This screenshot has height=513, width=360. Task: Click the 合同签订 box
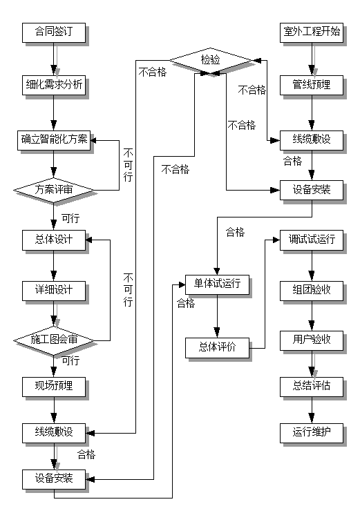(54, 32)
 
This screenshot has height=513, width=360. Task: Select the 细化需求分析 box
(54, 85)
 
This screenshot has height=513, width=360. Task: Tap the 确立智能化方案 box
(54, 139)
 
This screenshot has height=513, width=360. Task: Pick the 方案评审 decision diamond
(54, 188)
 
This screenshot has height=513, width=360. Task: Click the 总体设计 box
(54, 240)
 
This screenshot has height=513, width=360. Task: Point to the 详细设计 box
(54, 290)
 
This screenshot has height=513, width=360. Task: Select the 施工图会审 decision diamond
(54, 340)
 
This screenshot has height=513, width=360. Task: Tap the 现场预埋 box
(54, 385)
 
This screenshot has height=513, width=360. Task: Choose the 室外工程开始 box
(312, 32)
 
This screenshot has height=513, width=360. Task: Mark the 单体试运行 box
(217, 284)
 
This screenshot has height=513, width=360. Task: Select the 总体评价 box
(217, 347)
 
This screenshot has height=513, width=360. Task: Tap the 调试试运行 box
(312, 240)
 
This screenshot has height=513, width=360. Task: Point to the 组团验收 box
(312, 290)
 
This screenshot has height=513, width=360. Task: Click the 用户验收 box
(312, 340)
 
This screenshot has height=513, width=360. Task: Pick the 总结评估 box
(312, 385)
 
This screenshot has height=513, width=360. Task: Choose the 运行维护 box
(312, 433)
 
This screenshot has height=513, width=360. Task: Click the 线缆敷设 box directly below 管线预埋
(312, 139)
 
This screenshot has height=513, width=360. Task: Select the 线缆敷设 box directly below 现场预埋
(54, 433)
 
